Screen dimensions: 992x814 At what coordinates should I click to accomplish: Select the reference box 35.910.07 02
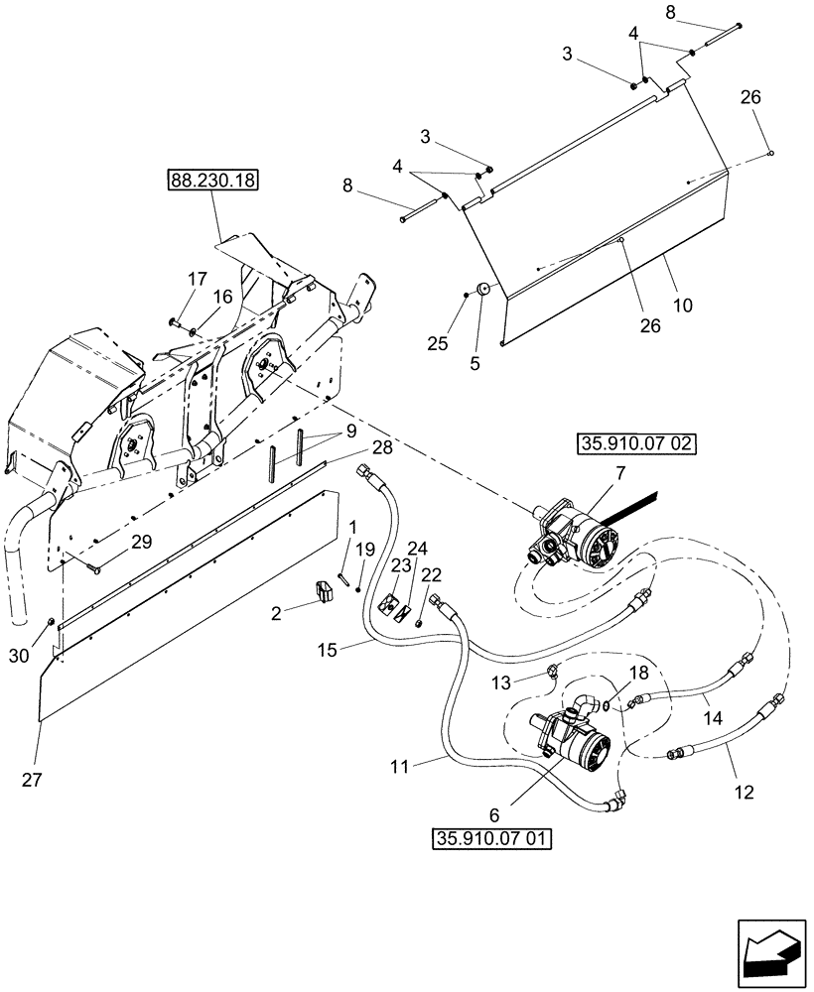[635, 443]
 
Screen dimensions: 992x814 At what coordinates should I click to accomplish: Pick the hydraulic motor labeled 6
[576, 739]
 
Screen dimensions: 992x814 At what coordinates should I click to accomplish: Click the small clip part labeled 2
[324, 593]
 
